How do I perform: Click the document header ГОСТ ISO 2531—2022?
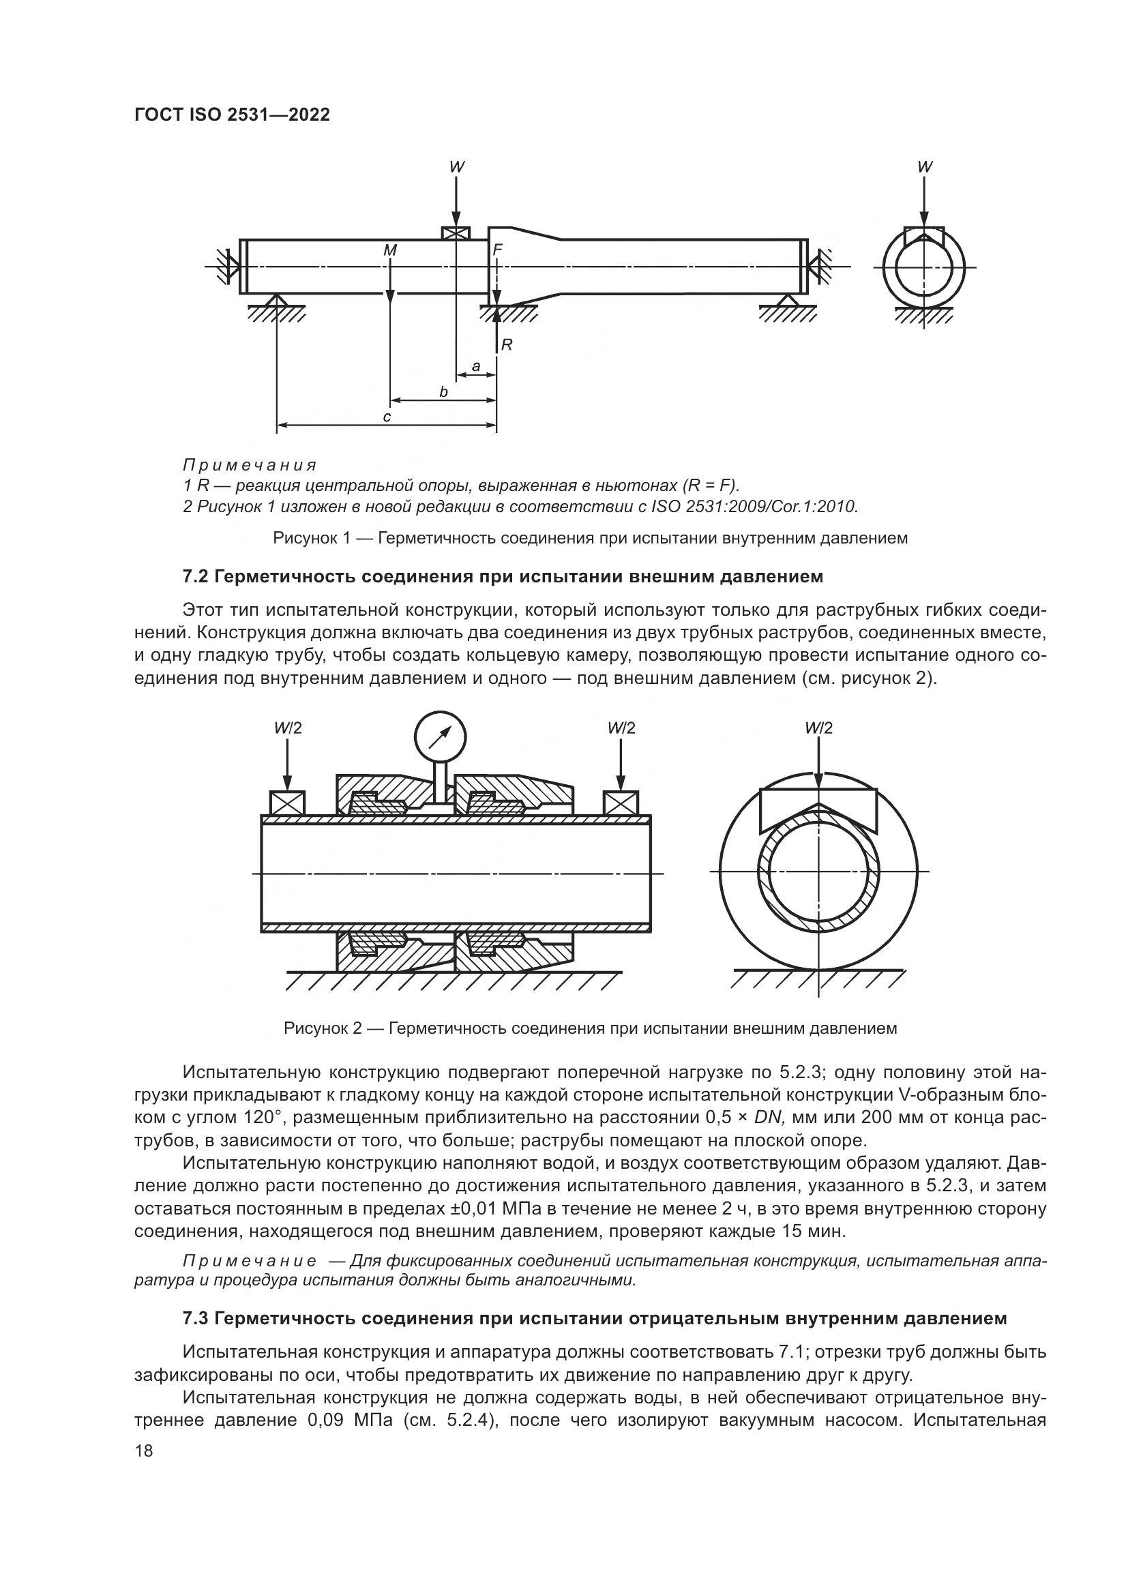pyautogui.click(x=232, y=115)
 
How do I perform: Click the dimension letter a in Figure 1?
pyautogui.click(x=476, y=366)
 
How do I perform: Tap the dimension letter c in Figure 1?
pyautogui.click(x=387, y=417)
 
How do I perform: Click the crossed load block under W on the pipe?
pyautogui.click(x=456, y=233)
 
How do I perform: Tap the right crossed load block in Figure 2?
pyautogui.click(x=621, y=803)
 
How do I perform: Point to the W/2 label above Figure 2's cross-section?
pyautogui.click(x=819, y=728)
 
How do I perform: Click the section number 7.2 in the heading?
pyautogui.click(x=196, y=577)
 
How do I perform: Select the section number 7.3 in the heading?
pyautogui.click(x=196, y=1318)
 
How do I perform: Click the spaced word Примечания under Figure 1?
pyautogui.click(x=250, y=465)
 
